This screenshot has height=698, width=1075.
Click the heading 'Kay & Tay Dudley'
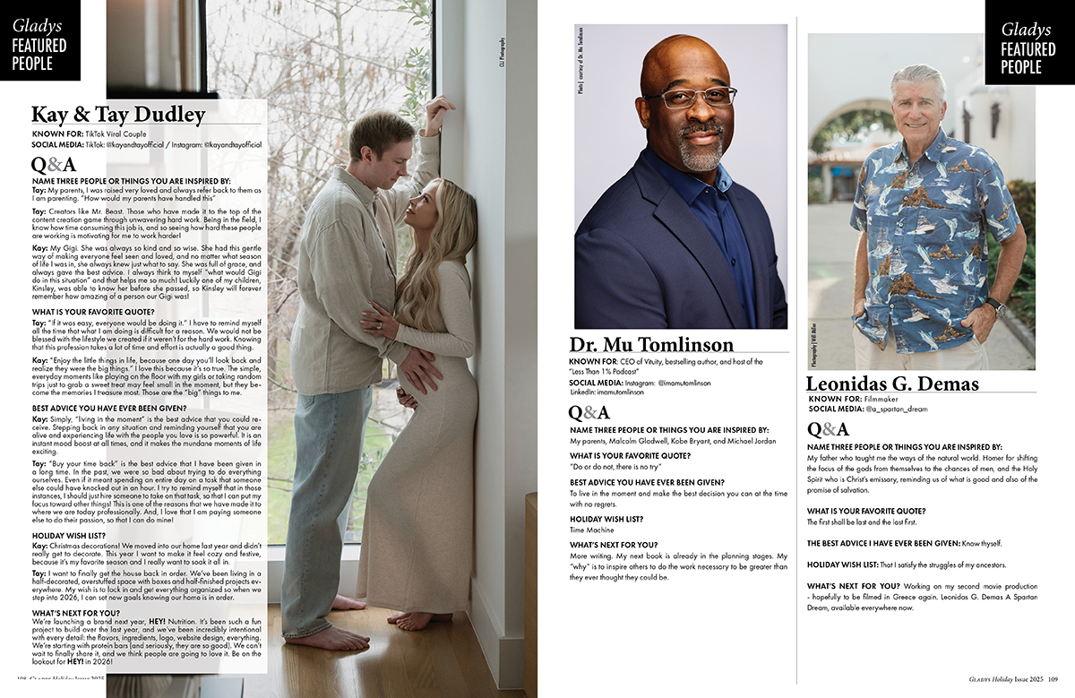tap(118, 115)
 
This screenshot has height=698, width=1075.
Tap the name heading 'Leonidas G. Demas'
tap(892, 384)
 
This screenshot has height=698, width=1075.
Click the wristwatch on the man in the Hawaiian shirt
tap(995, 306)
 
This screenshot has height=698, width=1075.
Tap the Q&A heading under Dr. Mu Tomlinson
tap(589, 412)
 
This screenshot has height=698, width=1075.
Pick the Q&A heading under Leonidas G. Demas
tap(828, 428)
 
